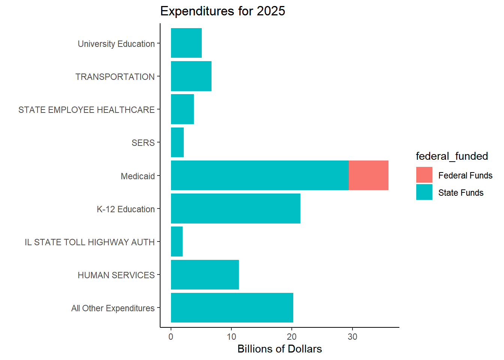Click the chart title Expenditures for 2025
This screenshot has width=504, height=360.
click(x=222, y=11)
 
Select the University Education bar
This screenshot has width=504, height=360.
click(x=186, y=43)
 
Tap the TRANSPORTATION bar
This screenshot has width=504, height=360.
click(x=191, y=76)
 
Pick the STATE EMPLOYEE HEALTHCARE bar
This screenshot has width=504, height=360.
click(x=182, y=109)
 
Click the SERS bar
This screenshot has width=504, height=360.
click(x=177, y=142)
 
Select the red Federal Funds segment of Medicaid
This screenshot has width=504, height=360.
click(x=368, y=175)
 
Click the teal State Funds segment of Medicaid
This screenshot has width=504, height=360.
click(x=259, y=175)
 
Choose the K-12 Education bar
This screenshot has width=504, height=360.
click(x=235, y=208)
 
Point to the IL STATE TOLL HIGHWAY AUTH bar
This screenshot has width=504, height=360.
click(x=177, y=241)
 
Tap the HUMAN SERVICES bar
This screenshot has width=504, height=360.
click(x=205, y=274)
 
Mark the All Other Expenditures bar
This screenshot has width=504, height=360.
click(x=232, y=308)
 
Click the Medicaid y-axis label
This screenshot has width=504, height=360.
click(x=138, y=176)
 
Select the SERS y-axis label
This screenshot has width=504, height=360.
click(x=143, y=143)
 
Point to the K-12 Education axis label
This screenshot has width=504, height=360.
click(x=126, y=209)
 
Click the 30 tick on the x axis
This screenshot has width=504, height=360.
click(x=352, y=337)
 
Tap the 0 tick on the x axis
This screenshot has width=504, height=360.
click(x=171, y=337)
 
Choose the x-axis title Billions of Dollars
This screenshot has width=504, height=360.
click(x=279, y=349)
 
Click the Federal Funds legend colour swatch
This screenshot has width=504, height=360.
click(x=424, y=175)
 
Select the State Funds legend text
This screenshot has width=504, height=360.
click(x=460, y=193)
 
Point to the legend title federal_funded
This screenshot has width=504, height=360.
click(x=451, y=156)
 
